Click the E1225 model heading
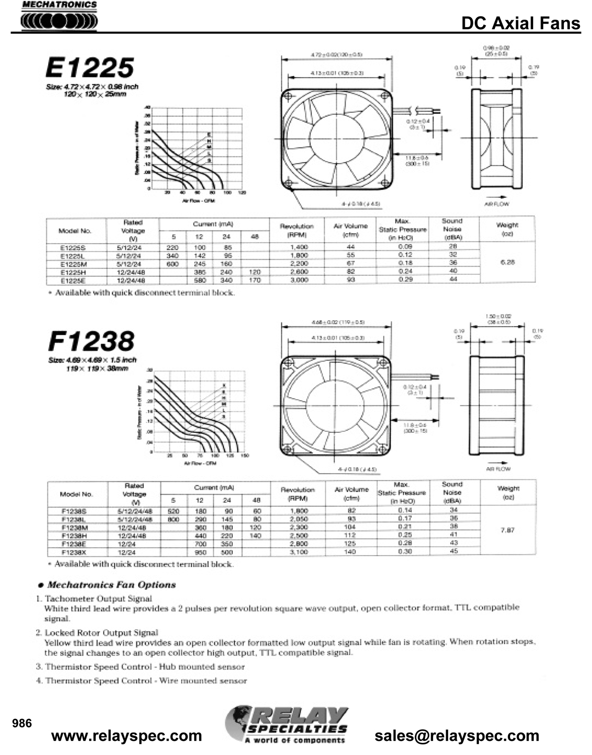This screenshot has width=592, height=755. pos(90,67)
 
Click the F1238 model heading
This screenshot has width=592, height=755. pos(91,341)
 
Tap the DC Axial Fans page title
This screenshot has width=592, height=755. pos(521,23)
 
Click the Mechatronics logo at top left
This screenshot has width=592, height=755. pos(59,17)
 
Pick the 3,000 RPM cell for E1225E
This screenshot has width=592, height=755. pos(299,280)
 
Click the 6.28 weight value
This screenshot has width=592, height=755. pos(508,262)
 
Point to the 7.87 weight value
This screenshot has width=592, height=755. pos(508,530)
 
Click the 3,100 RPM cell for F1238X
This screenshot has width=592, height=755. pos(299,552)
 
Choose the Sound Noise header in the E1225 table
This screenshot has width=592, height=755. pos(452,229)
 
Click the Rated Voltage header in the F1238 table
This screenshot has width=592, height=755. pos(134,494)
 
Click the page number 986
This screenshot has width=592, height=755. pos(22,723)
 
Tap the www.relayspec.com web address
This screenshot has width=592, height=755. pos(127,735)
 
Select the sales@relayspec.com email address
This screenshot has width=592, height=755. pos(457,735)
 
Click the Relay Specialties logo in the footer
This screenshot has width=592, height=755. pos(287,725)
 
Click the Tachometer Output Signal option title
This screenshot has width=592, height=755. pos(98,598)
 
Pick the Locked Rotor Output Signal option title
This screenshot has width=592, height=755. pos(101,633)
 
